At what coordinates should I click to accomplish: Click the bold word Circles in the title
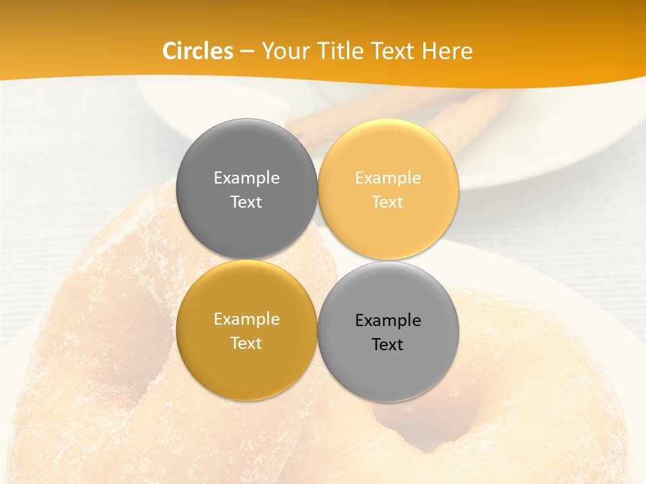tap(198, 51)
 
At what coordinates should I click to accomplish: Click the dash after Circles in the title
tap(247, 51)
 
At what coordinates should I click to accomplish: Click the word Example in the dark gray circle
tap(246, 178)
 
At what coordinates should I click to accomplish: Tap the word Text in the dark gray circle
tap(246, 202)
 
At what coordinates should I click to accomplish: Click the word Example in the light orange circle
tap(388, 178)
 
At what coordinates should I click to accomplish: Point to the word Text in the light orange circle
tap(388, 202)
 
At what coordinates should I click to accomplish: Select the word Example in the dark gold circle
tap(246, 319)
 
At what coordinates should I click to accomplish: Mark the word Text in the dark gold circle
tap(246, 343)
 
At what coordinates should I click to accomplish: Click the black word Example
tap(388, 321)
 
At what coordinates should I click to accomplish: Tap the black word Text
tap(388, 345)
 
